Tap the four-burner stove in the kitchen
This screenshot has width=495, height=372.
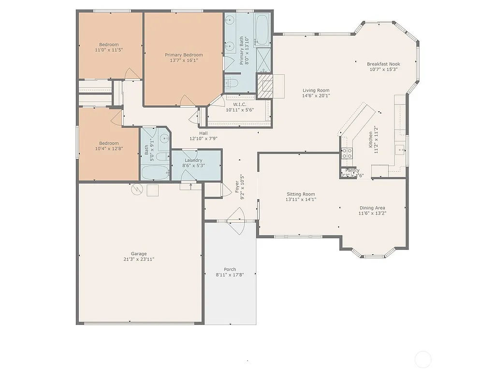347,154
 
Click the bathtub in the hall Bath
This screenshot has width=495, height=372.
155,172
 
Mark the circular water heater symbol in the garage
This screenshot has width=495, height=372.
137,189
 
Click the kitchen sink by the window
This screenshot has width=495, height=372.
400,150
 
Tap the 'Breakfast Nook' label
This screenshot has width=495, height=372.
383,64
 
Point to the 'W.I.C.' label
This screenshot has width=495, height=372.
240,104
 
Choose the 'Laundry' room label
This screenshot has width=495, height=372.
193,160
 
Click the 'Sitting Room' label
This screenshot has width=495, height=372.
300,194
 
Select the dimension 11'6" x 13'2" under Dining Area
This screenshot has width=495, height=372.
372,213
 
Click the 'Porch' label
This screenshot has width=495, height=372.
230,269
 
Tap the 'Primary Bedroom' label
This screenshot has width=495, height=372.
184,55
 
